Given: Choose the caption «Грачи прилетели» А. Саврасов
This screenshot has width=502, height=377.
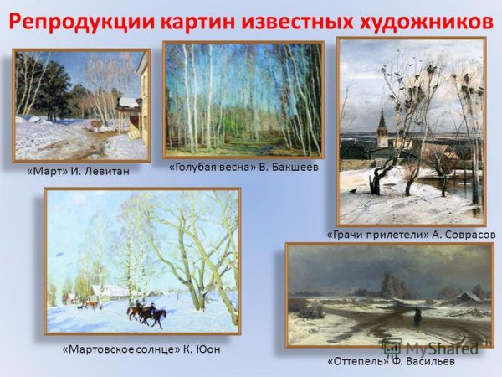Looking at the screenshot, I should (411, 235).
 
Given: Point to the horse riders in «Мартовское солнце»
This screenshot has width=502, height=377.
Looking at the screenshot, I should (146, 313).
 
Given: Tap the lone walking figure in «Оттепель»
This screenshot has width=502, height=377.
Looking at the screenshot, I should (416, 316).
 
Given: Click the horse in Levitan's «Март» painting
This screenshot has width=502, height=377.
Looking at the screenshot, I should (99, 126).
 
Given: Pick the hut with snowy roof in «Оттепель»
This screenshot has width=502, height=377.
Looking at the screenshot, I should (470, 297).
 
